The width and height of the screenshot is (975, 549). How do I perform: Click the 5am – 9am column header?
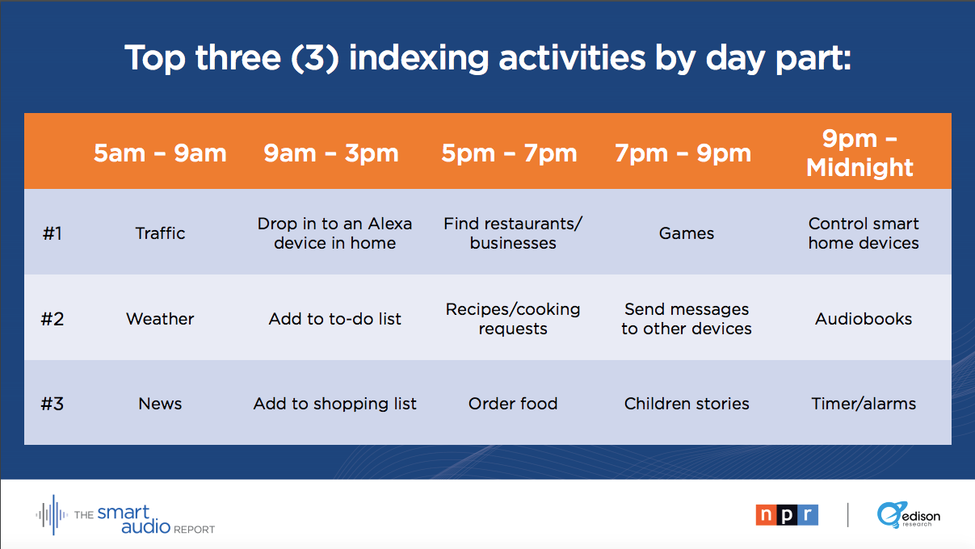160,153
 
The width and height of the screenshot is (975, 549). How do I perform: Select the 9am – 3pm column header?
331,153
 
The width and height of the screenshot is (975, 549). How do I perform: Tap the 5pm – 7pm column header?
509,153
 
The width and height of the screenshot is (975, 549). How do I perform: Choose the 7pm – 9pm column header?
683,153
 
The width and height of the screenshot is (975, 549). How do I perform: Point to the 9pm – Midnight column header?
859,153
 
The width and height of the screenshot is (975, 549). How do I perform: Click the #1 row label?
53,233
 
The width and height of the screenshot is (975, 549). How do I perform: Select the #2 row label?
53,319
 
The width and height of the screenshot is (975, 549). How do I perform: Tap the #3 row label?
53,404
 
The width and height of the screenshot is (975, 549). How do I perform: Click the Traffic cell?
160,233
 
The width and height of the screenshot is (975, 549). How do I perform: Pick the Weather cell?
160,319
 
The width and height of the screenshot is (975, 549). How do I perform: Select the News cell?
160,404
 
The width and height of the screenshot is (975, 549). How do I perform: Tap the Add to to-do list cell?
334,319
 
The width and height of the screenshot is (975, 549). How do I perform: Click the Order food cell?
513,404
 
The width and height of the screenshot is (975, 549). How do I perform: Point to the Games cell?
687,233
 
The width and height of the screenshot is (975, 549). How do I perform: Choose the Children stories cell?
687,404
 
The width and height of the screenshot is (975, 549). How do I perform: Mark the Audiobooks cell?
864,319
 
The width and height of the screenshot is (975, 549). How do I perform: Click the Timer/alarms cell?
864,404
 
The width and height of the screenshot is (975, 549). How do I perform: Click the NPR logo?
787,515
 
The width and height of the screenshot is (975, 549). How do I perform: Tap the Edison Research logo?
909,515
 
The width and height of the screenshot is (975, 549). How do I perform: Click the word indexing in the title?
419,58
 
